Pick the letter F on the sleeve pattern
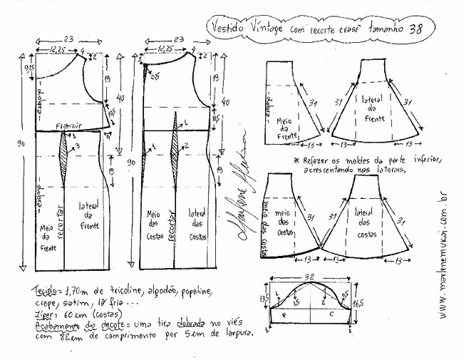click(x=284, y=314)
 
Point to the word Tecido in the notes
click(x=43, y=292)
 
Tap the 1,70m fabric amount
click(x=72, y=292)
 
